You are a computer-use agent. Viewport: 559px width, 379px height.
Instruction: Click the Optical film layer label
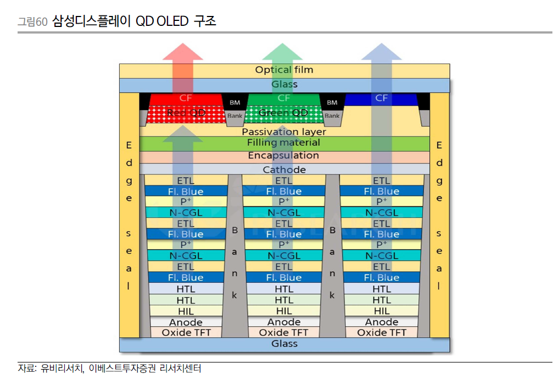[284, 70]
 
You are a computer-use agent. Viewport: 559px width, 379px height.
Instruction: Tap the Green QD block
[283, 113]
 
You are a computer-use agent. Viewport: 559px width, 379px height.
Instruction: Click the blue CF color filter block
[381, 98]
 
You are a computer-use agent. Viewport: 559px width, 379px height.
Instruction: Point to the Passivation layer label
[284, 131]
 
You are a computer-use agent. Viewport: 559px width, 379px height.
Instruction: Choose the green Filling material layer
[284, 143]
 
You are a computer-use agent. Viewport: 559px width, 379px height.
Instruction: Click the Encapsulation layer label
[284, 156]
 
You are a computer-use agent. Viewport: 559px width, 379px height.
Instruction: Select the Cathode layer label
[284, 169]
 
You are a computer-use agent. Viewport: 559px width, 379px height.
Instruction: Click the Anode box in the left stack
[186, 322]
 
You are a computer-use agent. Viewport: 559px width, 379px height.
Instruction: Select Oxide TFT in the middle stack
[284, 333]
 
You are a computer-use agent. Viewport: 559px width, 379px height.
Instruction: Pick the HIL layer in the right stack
[382, 311]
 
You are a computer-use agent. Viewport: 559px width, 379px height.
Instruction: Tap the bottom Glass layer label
[284, 344]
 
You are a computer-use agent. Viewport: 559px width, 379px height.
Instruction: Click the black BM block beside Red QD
[234, 102]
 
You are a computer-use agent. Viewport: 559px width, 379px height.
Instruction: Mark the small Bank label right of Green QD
[332, 116]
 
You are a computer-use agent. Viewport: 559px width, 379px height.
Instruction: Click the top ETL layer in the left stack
[186, 180]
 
